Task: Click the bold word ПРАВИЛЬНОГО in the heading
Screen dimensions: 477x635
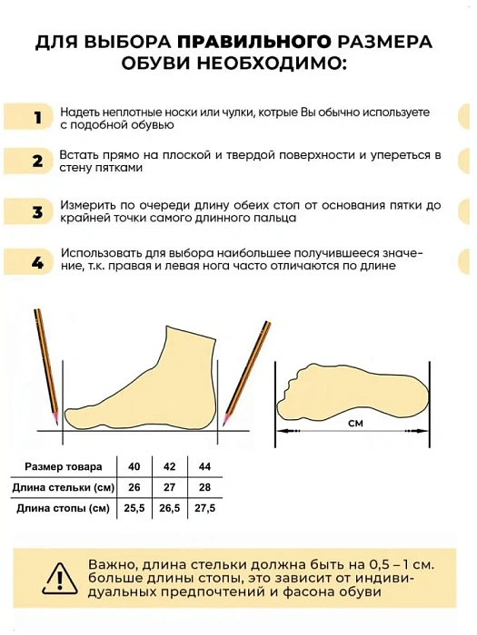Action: pyautogui.click(x=253, y=43)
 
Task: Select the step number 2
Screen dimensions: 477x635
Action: pyautogui.click(x=37, y=161)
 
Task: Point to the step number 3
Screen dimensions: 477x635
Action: pyautogui.click(x=37, y=212)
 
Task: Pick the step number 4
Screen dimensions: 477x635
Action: pyautogui.click(x=37, y=263)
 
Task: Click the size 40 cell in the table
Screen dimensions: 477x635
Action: pyautogui.click(x=134, y=466)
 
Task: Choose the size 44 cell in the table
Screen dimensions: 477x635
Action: pyautogui.click(x=204, y=466)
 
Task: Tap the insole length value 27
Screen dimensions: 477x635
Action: pyautogui.click(x=169, y=487)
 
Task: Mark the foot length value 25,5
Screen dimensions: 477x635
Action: pyautogui.click(x=134, y=508)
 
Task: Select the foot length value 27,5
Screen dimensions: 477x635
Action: pyautogui.click(x=204, y=508)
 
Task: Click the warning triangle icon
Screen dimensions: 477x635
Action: pyautogui.click(x=60, y=578)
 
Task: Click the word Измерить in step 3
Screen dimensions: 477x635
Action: pyautogui.click(x=87, y=206)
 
